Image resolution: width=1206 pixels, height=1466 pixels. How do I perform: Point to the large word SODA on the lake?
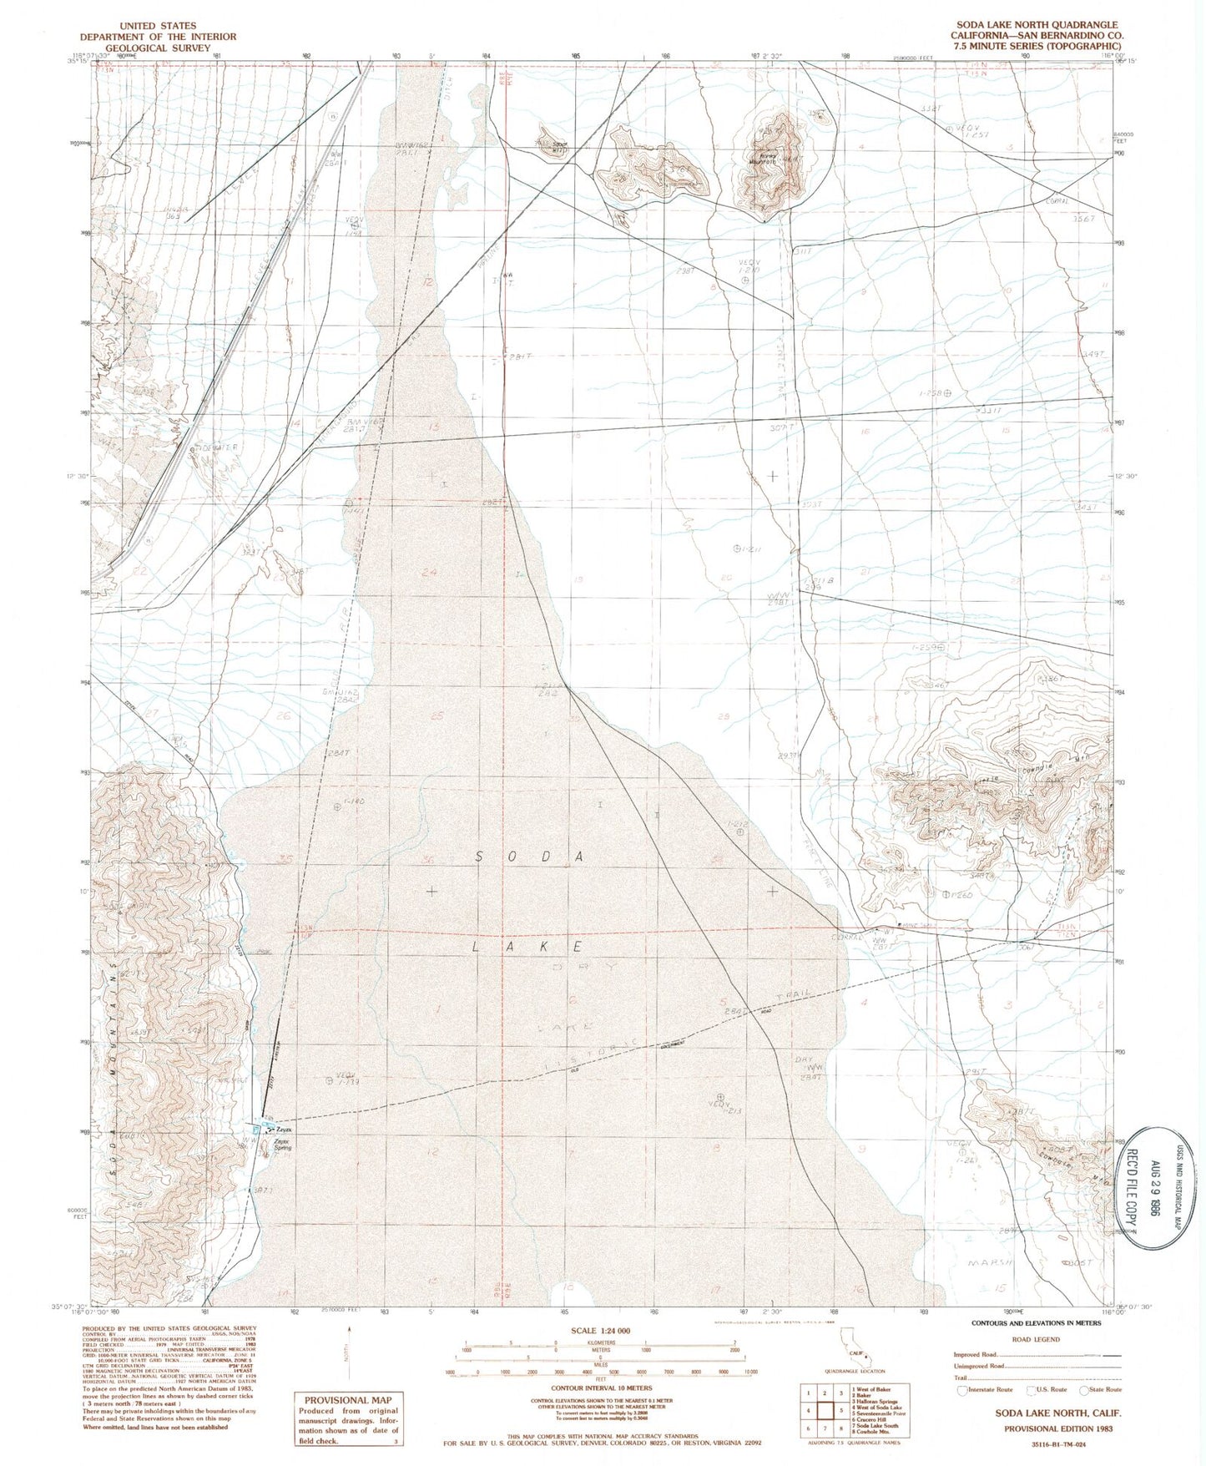click(532, 857)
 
